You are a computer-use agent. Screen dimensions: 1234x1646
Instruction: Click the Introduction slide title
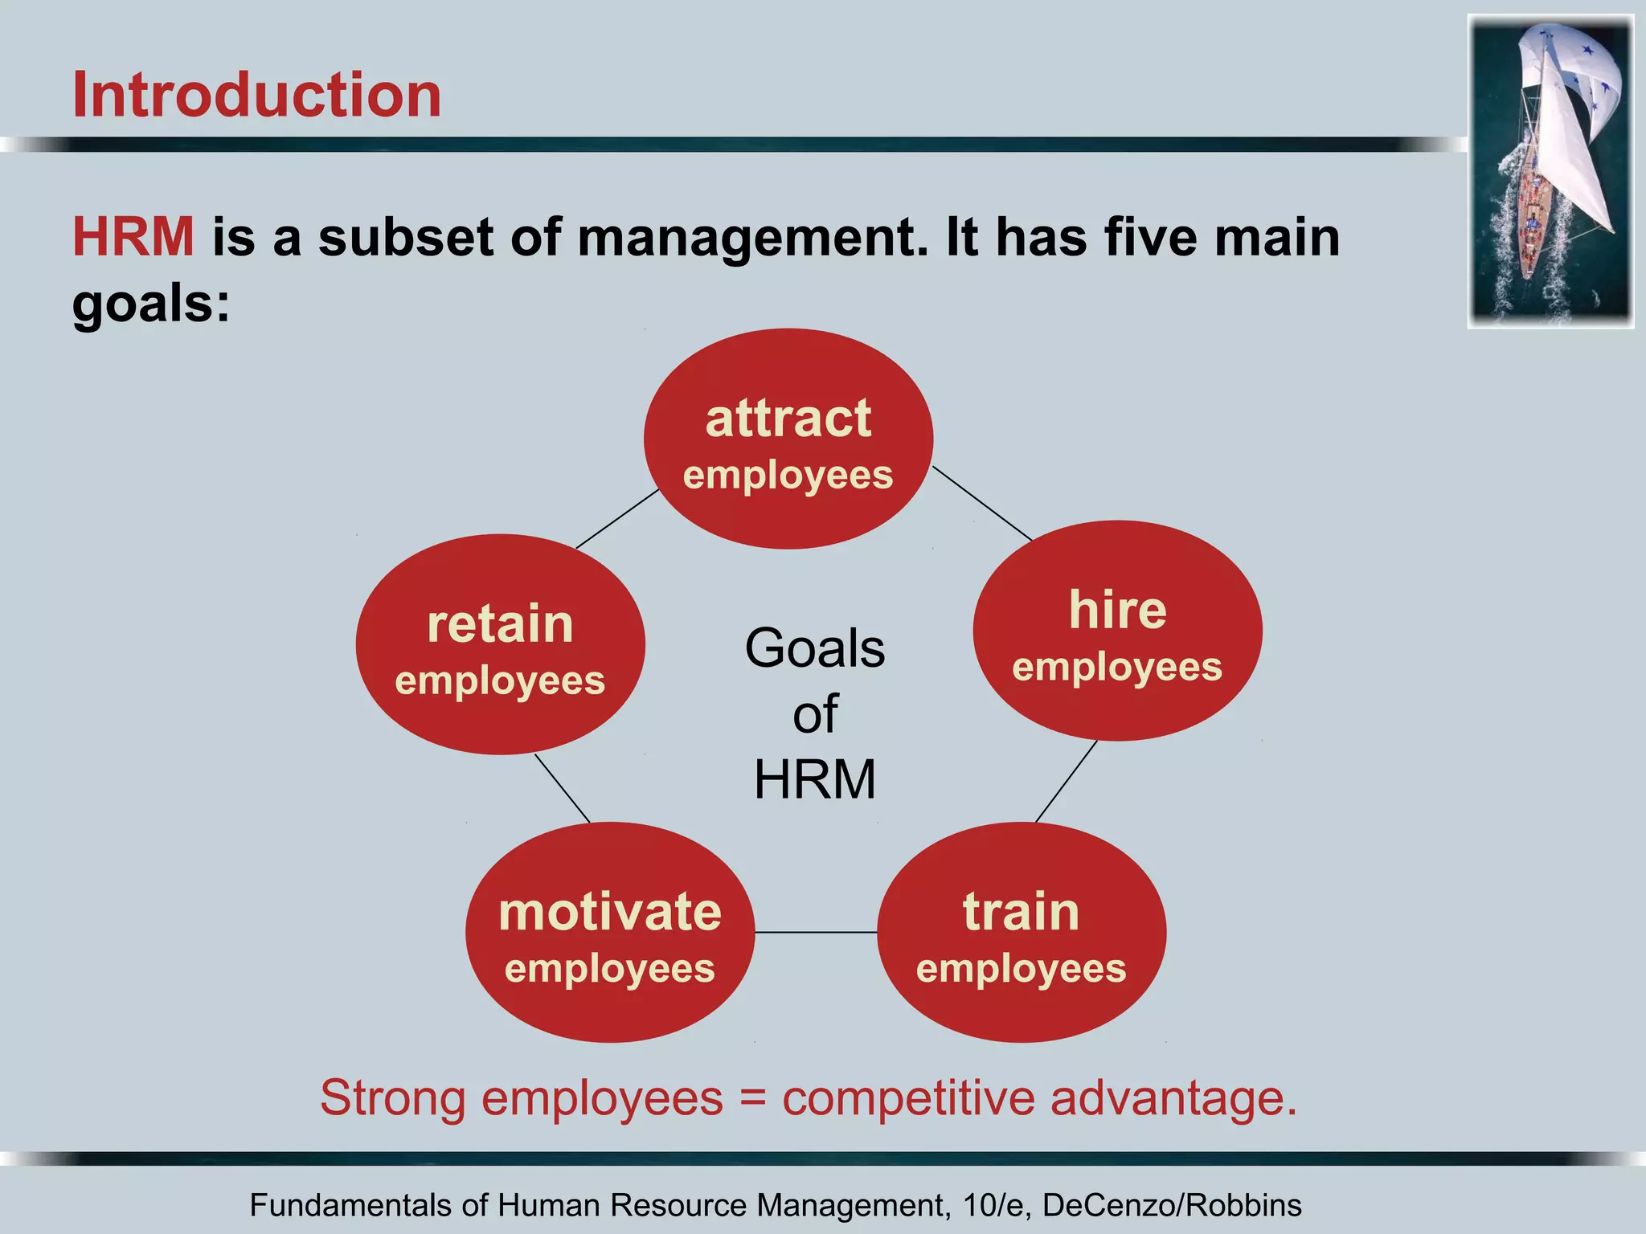(256, 95)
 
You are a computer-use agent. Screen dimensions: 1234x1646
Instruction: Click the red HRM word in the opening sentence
(133, 238)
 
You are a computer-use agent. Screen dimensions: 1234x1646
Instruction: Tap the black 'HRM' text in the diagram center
(814, 779)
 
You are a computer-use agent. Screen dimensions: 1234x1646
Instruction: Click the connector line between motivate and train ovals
(816, 933)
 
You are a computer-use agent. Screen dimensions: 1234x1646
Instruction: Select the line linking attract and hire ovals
(982, 504)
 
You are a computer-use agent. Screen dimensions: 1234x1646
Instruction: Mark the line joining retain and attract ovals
(617, 519)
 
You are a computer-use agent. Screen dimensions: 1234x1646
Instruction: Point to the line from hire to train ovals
(1066, 782)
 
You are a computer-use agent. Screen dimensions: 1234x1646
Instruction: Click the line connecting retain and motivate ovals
(563, 788)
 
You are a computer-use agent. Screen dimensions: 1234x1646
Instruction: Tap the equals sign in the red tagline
(752, 1097)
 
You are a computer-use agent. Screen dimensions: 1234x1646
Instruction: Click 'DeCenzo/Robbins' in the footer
(1172, 1205)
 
